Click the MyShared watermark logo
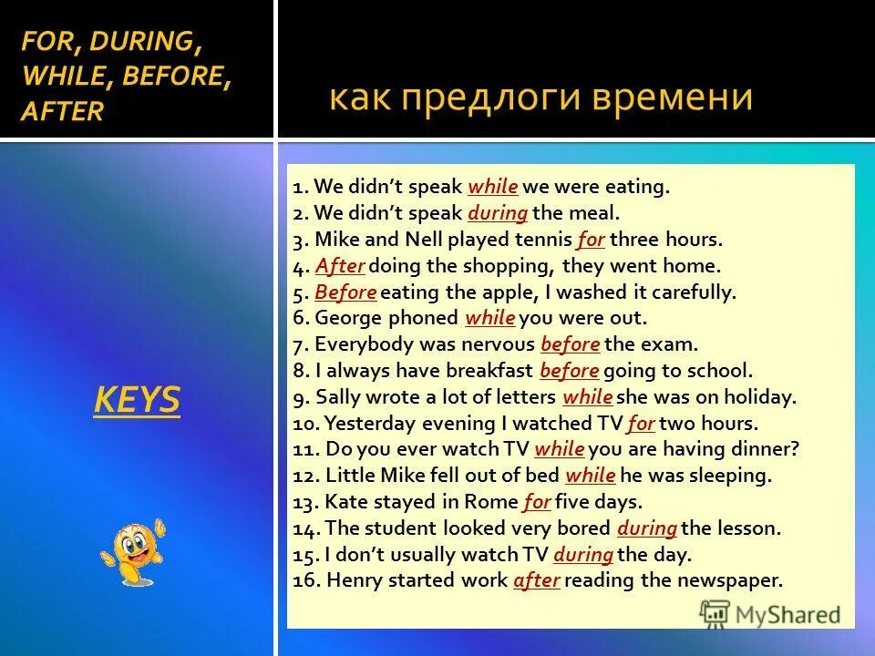point(770,613)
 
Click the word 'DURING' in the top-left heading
point(146,41)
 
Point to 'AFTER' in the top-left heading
point(62,111)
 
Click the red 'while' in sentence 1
point(492,188)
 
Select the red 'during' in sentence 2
point(498,214)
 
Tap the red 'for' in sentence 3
point(591,241)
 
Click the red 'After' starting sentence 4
point(340,267)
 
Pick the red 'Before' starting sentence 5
point(345,292)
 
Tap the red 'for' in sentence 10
point(641,424)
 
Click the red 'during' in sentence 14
point(646,528)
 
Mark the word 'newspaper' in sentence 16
point(732,580)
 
